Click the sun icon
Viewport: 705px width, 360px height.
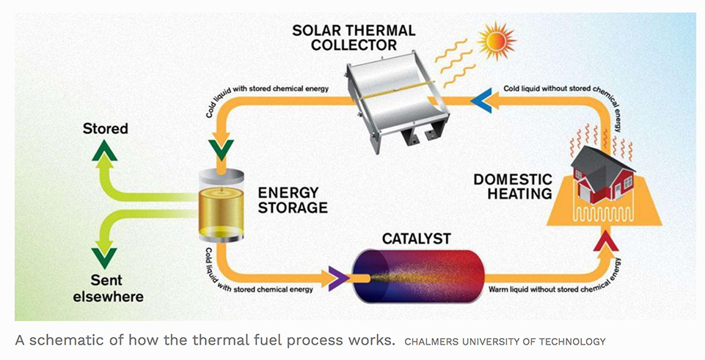(497, 41)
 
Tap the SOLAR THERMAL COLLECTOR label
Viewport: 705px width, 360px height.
(354, 37)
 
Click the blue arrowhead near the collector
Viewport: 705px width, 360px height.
(479, 100)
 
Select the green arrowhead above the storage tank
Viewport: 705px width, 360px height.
(222, 150)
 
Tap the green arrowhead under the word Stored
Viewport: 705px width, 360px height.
(104, 150)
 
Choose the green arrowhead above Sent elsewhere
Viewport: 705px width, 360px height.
(104, 258)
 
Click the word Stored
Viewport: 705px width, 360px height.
(105, 129)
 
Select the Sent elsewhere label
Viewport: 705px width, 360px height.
(108, 289)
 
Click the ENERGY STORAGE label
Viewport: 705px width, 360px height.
(292, 200)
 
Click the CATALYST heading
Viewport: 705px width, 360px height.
(417, 238)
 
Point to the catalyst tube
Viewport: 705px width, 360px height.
(418, 276)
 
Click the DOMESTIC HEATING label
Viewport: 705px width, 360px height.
(513, 186)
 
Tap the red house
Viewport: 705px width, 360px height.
(602, 175)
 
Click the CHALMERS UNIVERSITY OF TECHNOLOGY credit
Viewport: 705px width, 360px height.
(505, 342)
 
